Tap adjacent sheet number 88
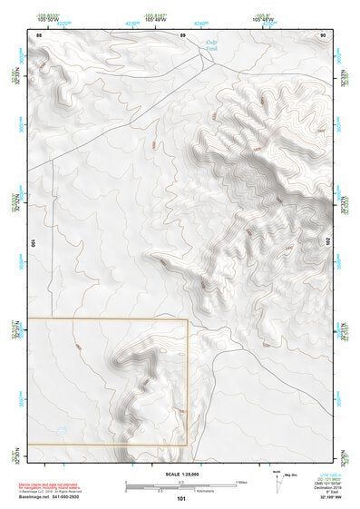[39, 34]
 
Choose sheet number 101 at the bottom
[181, 499]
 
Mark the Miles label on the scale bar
[242, 481]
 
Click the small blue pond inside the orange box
[59, 432]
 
